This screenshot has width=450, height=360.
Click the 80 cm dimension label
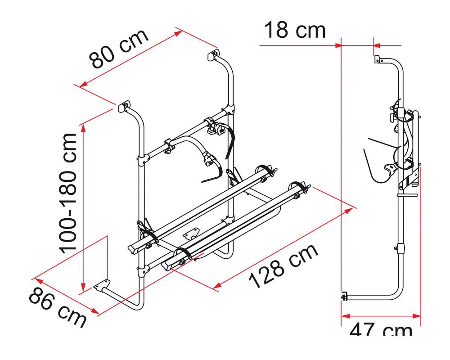point(118,48)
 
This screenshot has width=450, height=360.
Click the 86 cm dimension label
point(58,307)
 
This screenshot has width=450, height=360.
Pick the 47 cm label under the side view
point(381,329)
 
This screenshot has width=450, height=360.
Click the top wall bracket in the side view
point(378,59)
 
